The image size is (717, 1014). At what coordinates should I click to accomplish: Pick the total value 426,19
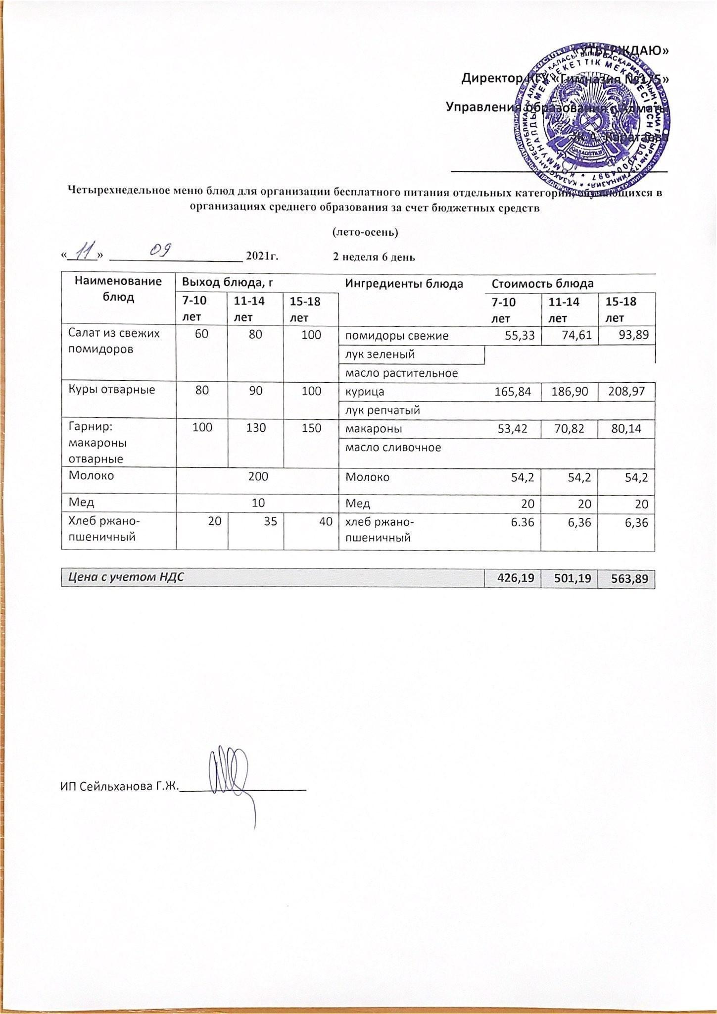[513, 578]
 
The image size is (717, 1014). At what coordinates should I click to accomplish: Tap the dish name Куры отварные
[111, 390]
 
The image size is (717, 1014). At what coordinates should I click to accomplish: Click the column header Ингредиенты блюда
[404, 284]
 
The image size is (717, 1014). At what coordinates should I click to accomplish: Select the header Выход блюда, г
[229, 283]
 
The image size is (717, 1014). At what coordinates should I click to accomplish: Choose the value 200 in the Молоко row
[258, 476]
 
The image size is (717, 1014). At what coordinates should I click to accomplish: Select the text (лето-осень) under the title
[365, 231]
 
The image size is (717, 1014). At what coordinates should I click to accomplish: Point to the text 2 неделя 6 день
[374, 257]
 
